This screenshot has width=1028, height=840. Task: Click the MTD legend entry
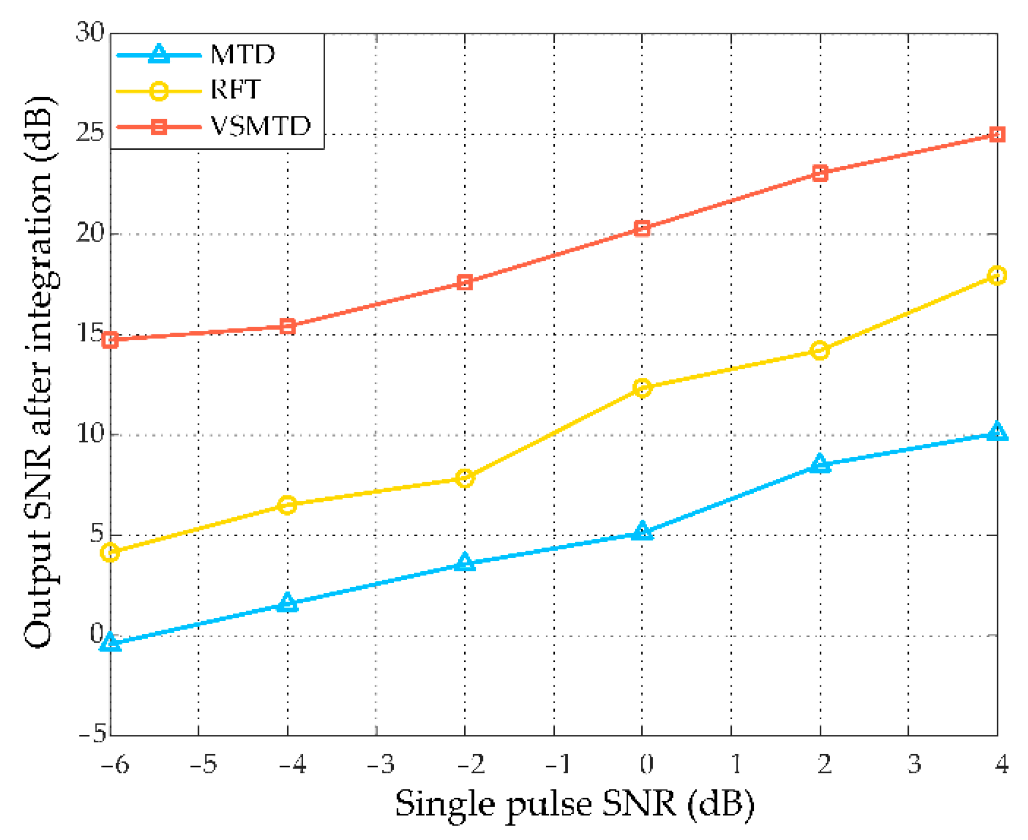pos(243,54)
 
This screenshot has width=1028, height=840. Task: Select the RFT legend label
pos(235,90)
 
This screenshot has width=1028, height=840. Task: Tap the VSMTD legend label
pos(260,126)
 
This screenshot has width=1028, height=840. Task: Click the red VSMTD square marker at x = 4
pos(996,134)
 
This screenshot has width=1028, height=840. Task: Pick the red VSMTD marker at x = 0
pos(642,228)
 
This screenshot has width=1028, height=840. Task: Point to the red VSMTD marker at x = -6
pos(110,340)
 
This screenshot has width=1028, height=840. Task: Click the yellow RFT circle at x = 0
pos(642,388)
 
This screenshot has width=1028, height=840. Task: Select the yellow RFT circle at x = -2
pos(465,477)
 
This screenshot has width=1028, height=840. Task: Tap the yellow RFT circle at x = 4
pos(996,275)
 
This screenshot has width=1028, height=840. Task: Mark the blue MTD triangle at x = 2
pos(819,463)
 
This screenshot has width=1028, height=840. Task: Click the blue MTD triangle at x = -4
pos(288,602)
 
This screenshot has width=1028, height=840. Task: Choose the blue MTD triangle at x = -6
pos(110,641)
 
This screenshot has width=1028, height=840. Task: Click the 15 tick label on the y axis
pos(90,333)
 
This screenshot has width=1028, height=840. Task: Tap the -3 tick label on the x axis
pos(380,763)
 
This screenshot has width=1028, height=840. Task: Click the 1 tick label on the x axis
pos(736,763)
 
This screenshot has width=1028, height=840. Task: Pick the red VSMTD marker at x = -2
pos(465,282)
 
